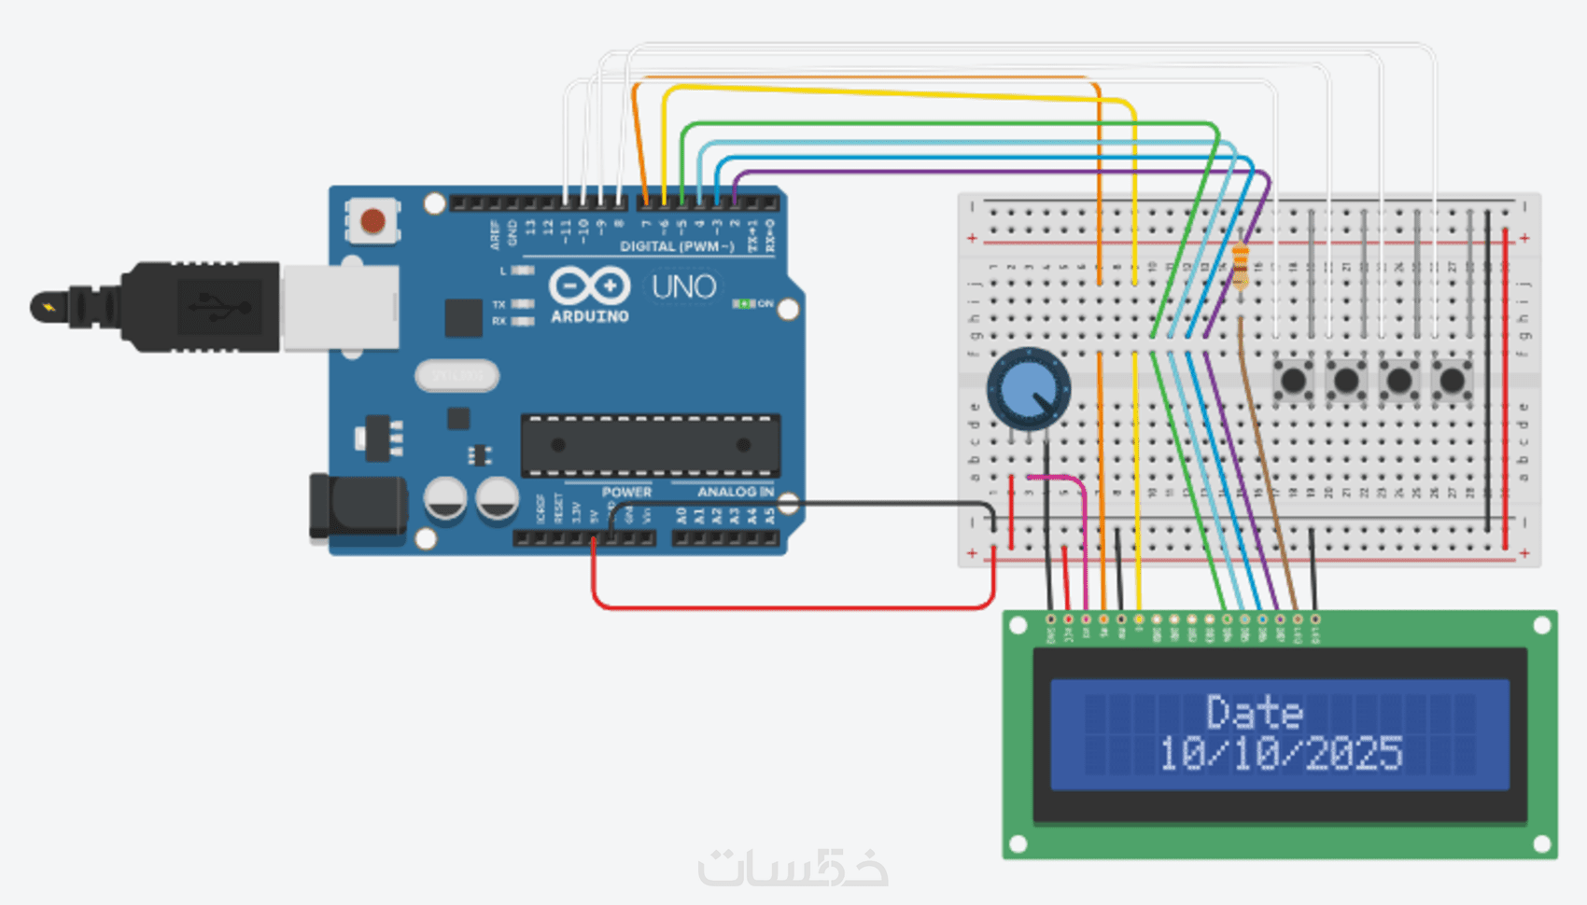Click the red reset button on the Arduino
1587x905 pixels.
coord(372,221)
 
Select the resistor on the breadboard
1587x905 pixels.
coord(1240,267)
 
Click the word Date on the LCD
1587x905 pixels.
coord(1254,713)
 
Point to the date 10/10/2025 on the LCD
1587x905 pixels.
coord(1280,754)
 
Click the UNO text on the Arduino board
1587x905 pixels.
coord(683,286)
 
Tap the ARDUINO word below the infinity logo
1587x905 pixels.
coord(590,317)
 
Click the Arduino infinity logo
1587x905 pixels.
coord(589,285)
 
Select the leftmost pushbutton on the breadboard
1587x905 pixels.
coord(1293,381)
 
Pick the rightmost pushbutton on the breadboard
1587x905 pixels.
coord(1452,381)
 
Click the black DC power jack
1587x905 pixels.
coord(358,507)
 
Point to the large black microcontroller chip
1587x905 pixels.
coord(650,445)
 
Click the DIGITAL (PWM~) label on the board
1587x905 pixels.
coord(677,246)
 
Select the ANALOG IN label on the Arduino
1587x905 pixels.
coord(736,492)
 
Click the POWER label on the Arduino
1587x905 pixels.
coord(626,492)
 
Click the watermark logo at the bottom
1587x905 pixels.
coord(793,868)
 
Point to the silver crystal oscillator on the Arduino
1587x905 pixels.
coord(456,376)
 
